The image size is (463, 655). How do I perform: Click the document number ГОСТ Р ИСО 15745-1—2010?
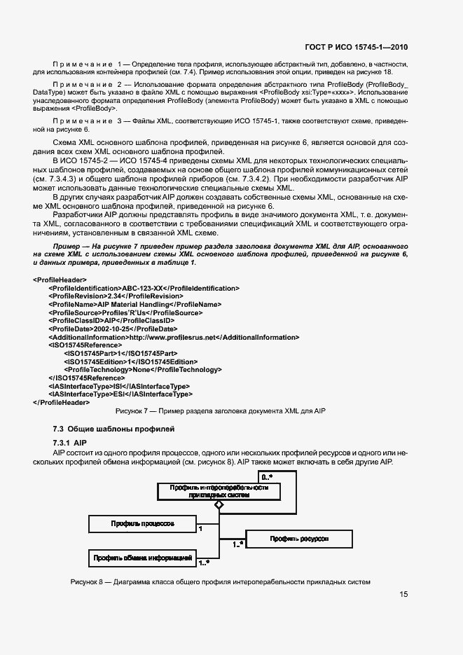pos(357,48)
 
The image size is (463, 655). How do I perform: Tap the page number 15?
pos(403,595)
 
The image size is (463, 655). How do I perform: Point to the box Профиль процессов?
pos(142,523)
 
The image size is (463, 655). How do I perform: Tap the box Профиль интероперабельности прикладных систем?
pos(219,491)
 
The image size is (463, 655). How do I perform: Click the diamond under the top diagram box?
pos(219,504)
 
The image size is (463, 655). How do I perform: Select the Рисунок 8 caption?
pos(219,582)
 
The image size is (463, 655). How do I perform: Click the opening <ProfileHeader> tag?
pos(60,280)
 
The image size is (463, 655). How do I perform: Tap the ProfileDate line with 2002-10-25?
pos(112,329)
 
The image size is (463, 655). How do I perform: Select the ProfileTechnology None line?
pos(142,369)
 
